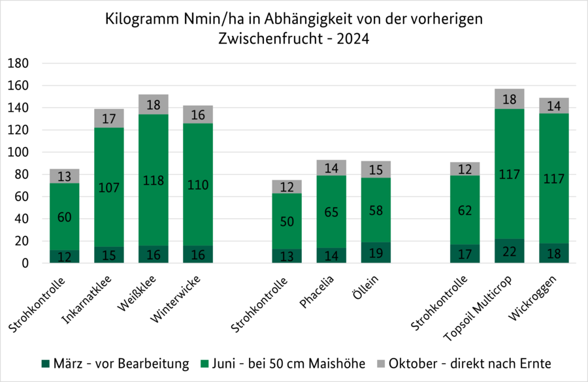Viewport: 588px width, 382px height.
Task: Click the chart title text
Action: tap(294, 29)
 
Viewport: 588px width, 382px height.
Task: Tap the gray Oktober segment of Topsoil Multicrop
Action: tap(510, 99)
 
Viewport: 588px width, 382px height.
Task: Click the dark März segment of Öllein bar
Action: tap(376, 253)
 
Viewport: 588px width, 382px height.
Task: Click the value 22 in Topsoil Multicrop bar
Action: tap(510, 252)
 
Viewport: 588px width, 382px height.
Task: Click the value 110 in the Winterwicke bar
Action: tap(198, 185)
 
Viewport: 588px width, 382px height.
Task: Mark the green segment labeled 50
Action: tap(287, 221)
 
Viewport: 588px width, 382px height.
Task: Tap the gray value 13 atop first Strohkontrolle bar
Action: tap(65, 176)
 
